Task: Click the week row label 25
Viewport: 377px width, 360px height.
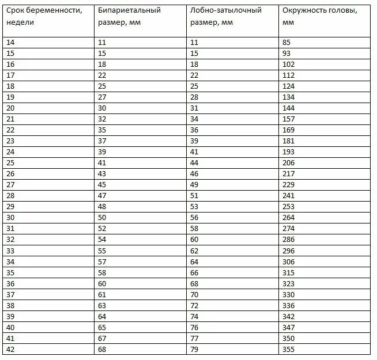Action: coord(10,162)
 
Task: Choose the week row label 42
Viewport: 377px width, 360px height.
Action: coord(10,350)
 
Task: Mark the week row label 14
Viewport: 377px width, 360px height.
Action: coord(10,42)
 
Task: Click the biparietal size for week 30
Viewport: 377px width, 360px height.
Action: coord(103,217)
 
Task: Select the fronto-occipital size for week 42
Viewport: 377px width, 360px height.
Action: coord(194,350)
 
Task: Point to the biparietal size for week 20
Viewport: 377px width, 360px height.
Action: coord(103,108)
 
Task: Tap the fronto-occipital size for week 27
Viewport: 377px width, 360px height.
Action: coord(194,184)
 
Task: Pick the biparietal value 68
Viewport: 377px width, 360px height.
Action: coord(103,350)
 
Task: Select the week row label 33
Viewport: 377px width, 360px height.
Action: coord(10,251)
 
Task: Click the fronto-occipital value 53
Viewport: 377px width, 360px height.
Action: coord(194,206)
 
